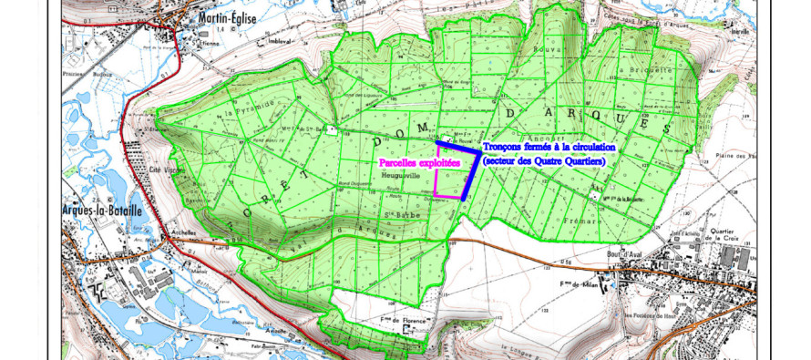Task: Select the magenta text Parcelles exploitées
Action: click(421, 162)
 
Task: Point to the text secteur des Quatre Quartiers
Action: click(544, 160)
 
